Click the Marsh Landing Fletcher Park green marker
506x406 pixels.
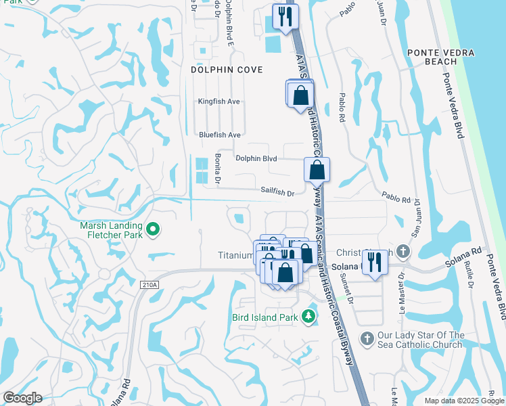(153, 230)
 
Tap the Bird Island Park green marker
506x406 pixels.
(308, 316)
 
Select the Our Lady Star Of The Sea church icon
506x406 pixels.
(367, 338)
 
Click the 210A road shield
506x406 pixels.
(150, 285)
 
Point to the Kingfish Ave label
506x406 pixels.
(219, 101)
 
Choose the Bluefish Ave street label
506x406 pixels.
(220, 135)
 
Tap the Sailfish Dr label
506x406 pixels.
(277, 193)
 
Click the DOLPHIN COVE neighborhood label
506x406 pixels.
(227, 69)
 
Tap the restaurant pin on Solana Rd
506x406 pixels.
(375, 262)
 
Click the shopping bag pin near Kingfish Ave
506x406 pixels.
(300, 95)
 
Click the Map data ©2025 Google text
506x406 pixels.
(463, 401)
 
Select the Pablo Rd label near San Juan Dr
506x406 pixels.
(396, 200)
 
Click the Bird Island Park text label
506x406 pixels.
(265, 317)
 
